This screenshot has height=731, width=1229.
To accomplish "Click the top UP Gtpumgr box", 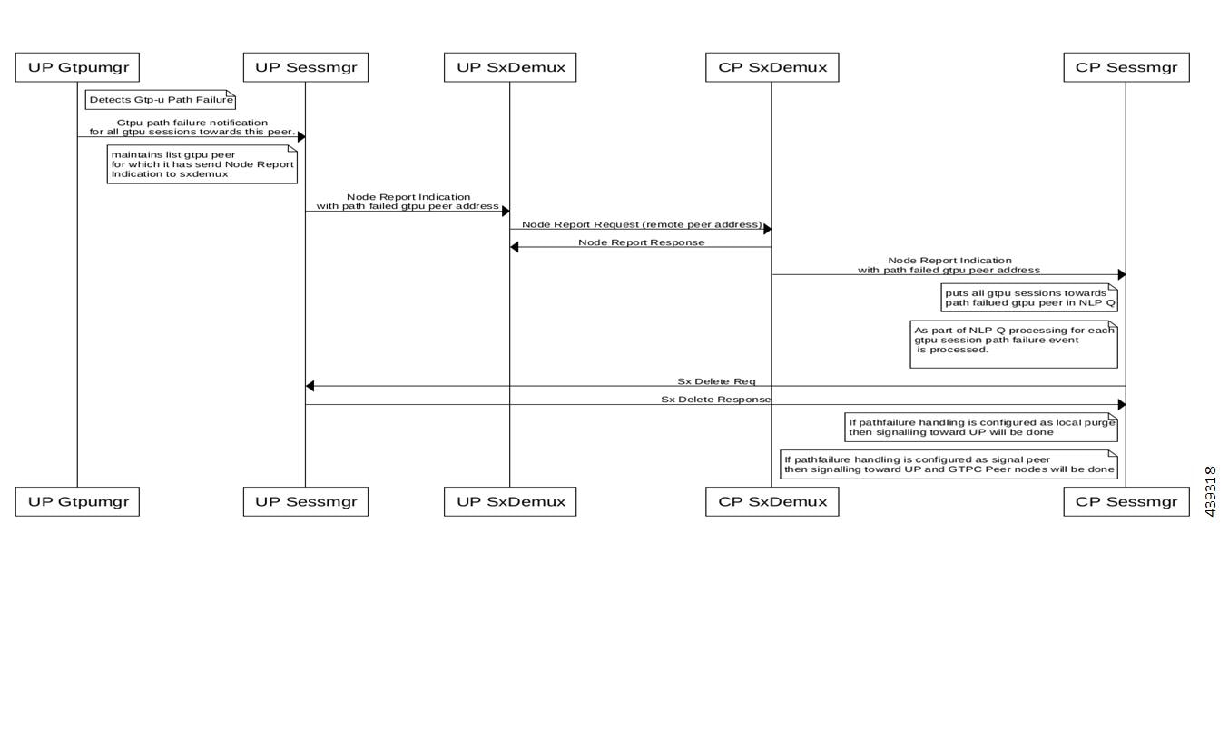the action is click(77, 67).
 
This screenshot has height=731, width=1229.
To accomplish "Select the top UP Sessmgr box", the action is click(306, 67).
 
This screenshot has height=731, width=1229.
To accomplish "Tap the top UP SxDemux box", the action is click(510, 67).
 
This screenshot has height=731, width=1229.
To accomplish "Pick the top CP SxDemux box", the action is click(772, 67).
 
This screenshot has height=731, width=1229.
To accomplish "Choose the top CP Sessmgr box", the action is click(1126, 67).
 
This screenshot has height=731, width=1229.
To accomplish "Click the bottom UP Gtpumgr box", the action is click(77, 501).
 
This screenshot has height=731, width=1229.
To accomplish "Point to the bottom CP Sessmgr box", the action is click(1126, 501).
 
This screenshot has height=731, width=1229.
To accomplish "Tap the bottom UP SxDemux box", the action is click(510, 501).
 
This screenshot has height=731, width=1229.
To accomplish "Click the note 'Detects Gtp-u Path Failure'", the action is click(161, 100).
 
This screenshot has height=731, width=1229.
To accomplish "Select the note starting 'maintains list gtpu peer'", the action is click(202, 164).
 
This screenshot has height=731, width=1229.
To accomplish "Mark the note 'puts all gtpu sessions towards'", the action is click(1029, 298).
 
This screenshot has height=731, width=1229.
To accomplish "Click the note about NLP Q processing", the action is click(1014, 344).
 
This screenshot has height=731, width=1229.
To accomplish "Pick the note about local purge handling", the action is click(981, 427).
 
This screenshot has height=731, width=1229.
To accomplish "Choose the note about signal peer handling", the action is click(949, 464).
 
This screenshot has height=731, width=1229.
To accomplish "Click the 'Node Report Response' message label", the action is click(642, 242).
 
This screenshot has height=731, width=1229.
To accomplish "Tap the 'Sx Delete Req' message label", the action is click(716, 381).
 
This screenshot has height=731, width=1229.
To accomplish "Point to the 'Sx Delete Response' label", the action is click(716, 400).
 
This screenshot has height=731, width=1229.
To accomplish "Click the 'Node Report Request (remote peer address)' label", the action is click(642, 224).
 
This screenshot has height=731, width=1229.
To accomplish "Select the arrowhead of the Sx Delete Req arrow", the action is click(310, 386).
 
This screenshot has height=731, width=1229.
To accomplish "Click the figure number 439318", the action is click(1211, 491).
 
